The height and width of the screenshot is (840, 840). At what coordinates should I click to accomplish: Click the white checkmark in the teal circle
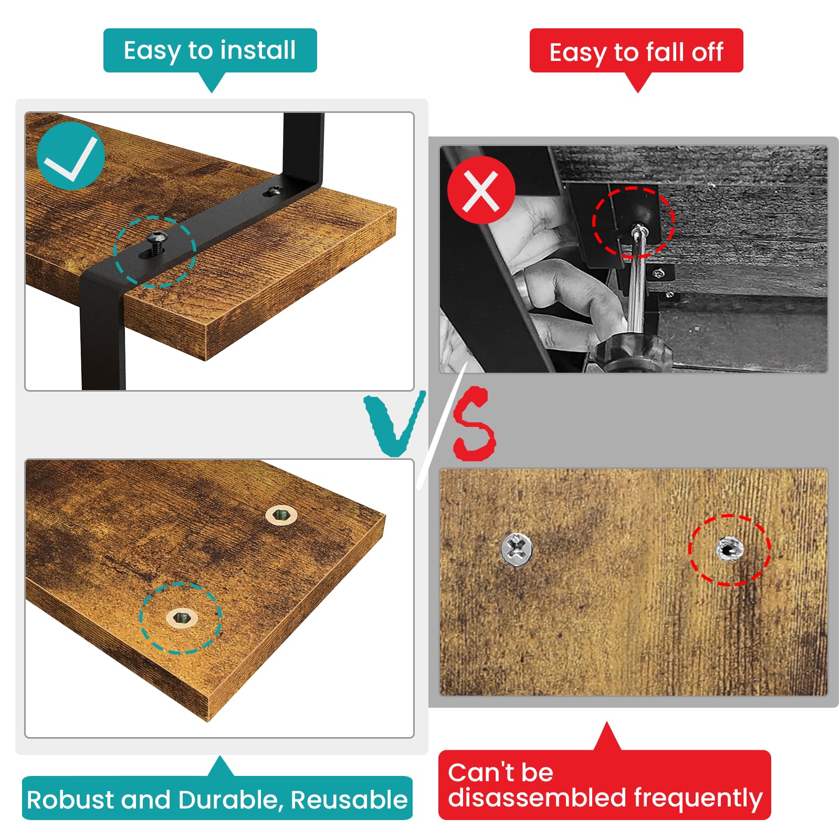pos(71,159)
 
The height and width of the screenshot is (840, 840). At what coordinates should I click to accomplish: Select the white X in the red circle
pos(481,191)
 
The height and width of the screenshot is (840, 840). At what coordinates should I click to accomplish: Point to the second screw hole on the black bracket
pos(275,191)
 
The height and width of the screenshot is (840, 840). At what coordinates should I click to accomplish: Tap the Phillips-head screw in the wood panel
pos(517,549)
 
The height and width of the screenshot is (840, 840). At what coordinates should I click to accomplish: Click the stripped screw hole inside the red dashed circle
pos(729,549)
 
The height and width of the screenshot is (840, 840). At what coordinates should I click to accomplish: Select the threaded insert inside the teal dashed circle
pos(182,617)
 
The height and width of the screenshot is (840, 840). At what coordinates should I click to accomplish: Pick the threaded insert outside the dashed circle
pos(281,515)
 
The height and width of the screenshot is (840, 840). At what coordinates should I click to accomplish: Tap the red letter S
pos(474,424)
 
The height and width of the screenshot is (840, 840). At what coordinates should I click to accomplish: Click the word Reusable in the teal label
pos(349,800)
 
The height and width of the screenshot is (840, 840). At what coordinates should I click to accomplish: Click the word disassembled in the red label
pos(537,797)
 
